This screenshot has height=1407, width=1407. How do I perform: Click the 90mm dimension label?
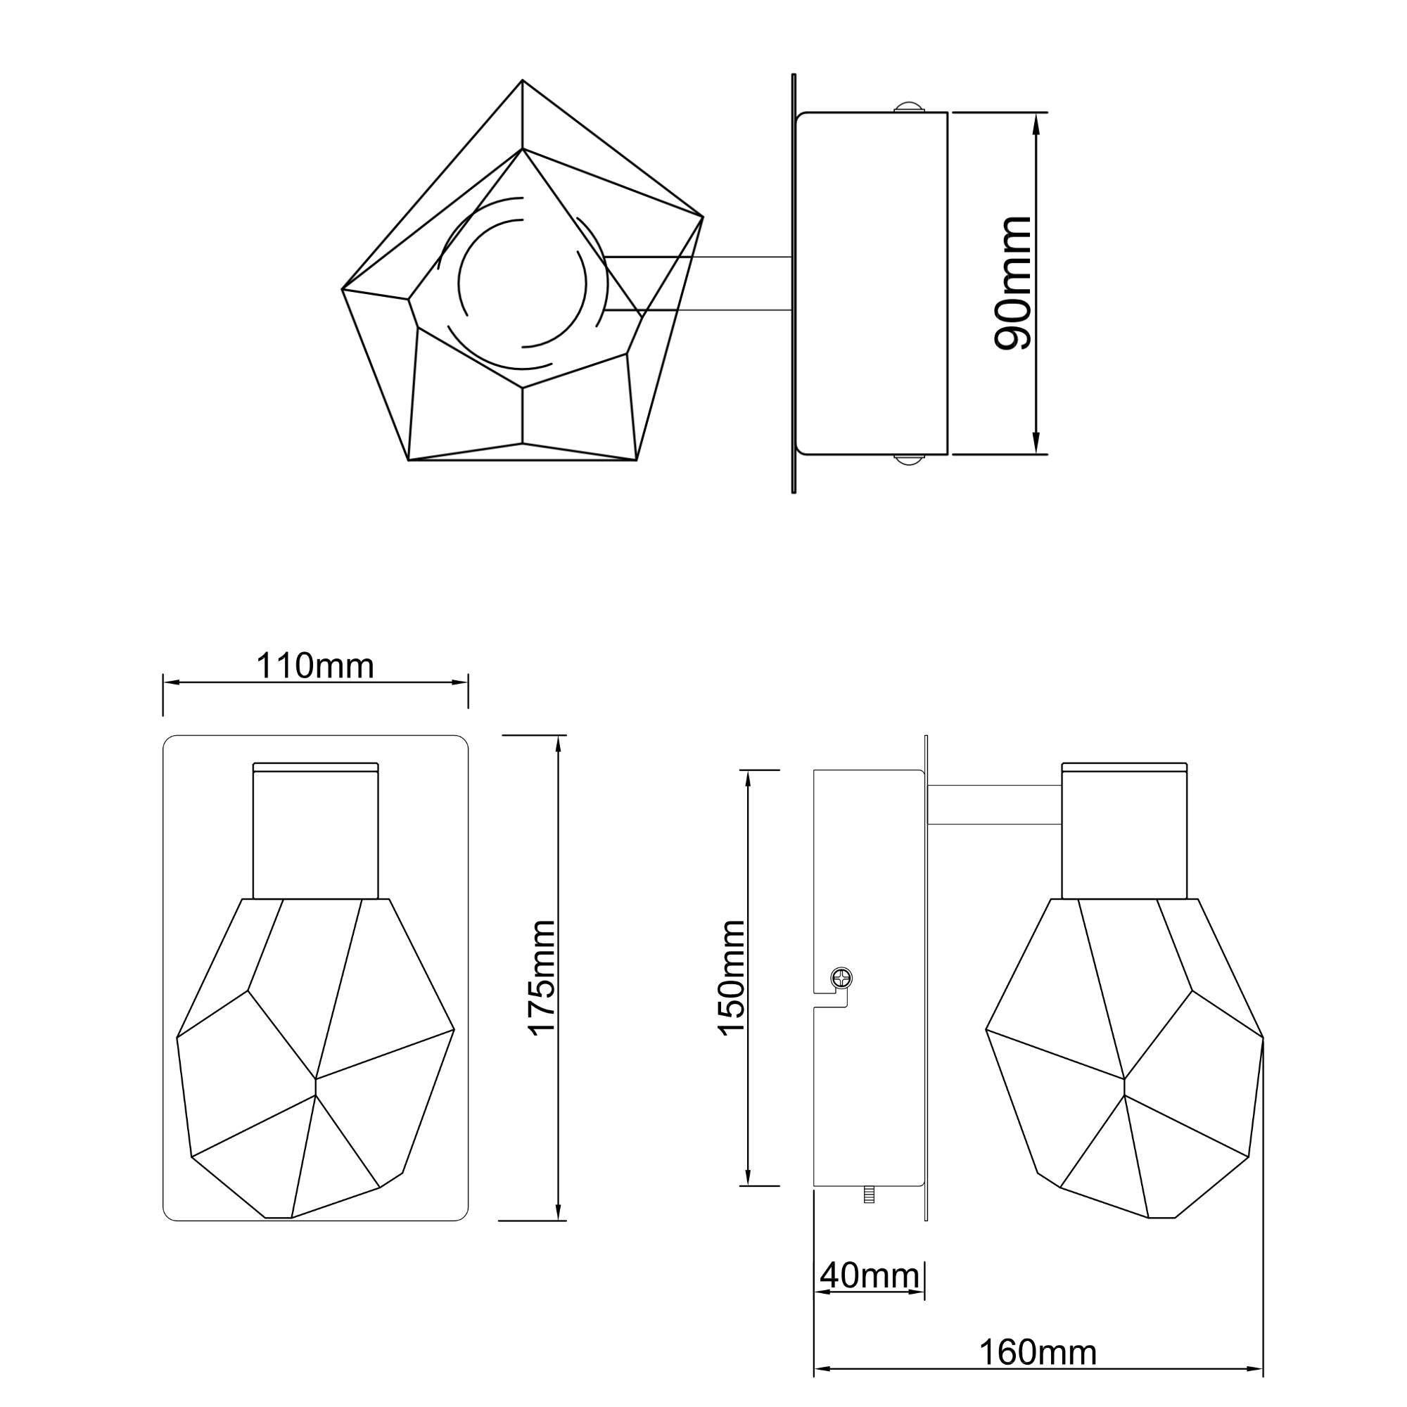(x=1012, y=284)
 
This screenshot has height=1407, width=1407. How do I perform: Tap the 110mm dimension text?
(x=314, y=665)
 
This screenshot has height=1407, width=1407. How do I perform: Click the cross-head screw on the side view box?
(x=841, y=977)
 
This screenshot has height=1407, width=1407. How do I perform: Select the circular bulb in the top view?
(x=522, y=283)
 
